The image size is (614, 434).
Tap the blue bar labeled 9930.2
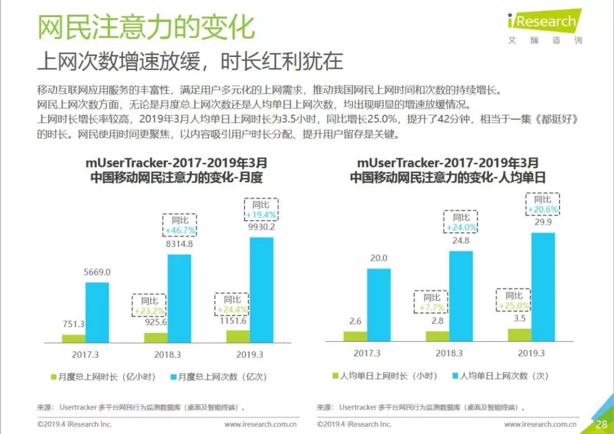pyautogui.click(x=262, y=290)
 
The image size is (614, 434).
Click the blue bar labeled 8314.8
pyautogui.click(x=179, y=299)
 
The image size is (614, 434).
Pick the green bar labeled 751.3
pyautogui.click(x=74, y=338)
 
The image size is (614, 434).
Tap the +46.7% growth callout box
pyautogui.click(x=180, y=225)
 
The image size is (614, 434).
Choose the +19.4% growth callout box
pyautogui.click(x=261, y=209)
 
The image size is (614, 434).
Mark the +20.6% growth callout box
pyautogui.click(x=543, y=204)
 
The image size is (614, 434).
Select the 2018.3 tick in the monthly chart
pyautogui.click(x=168, y=354)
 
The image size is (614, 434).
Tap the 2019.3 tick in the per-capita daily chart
pyautogui.click(x=531, y=353)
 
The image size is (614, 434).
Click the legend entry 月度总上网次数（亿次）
pyautogui.click(x=218, y=377)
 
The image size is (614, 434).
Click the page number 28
pyautogui.click(x=601, y=424)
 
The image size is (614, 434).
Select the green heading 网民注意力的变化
pyautogui.click(x=146, y=27)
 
